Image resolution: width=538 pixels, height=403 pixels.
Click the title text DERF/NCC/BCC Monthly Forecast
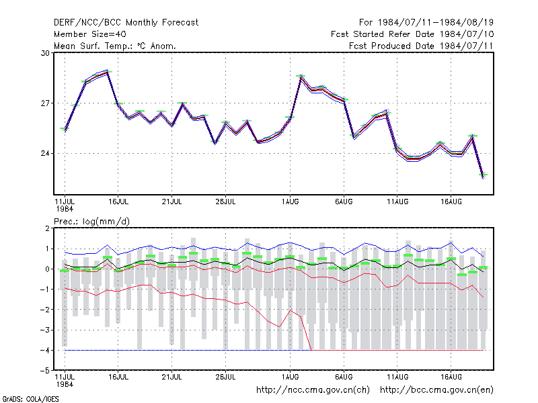(126, 23)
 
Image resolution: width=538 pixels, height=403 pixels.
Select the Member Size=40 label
(90, 34)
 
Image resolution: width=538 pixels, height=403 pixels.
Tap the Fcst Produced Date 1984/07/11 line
(421, 46)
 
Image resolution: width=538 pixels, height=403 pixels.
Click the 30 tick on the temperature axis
(45, 53)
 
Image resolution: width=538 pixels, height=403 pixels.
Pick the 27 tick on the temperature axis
(45, 103)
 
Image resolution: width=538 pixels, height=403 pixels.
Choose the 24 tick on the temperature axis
(45, 153)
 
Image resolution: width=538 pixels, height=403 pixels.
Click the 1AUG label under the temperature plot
(291, 201)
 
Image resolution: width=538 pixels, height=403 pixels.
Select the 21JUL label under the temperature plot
(171, 201)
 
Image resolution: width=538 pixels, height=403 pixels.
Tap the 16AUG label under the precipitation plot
(451, 377)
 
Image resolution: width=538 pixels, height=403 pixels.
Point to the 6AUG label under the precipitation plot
(344, 377)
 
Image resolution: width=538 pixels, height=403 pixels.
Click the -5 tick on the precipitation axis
(45, 371)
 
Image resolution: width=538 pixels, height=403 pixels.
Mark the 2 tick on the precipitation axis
(47, 228)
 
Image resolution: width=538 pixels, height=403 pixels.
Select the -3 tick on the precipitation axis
(45, 330)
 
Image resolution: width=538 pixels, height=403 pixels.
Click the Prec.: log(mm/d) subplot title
(91, 222)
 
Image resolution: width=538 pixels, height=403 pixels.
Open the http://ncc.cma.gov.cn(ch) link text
(313, 390)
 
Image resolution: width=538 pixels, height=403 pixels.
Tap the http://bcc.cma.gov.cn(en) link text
(436, 390)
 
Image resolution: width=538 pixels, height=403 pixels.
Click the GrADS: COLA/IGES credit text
(30, 399)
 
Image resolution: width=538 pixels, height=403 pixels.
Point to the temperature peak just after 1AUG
(301, 77)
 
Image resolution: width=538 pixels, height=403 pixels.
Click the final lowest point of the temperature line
(483, 176)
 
